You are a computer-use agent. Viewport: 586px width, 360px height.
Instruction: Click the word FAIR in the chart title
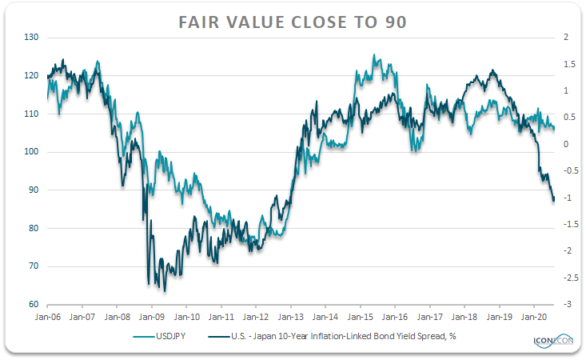pyautogui.click(x=198, y=22)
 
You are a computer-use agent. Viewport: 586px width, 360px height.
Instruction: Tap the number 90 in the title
pyautogui.click(x=396, y=22)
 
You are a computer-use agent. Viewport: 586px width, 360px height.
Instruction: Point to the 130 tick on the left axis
pyautogui.click(x=31, y=37)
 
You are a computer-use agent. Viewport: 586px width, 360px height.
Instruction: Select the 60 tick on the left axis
pyautogui.click(x=34, y=304)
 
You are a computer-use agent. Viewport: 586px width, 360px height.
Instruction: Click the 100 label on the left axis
pyautogui.click(x=31, y=151)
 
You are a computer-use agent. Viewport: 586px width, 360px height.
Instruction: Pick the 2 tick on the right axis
pyautogui.click(x=566, y=37)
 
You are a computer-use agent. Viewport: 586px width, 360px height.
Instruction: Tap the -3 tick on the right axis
pyautogui.click(x=568, y=304)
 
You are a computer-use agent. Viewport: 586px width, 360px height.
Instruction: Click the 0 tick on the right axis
pyautogui.click(x=566, y=144)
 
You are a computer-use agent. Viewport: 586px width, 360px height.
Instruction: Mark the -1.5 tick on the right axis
pyautogui.click(x=571, y=224)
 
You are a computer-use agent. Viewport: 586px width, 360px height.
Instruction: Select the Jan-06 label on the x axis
pyautogui.click(x=47, y=317)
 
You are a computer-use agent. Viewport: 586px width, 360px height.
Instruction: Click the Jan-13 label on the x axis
pyautogui.click(x=291, y=317)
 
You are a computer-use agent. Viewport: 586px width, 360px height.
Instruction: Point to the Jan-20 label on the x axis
pyautogui.click(x=534, y=317)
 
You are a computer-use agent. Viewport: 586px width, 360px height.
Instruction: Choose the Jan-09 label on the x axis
pyautogui.click(x=152, y=317)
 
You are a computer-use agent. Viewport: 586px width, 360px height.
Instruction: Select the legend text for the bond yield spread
pyautogui.click(x=344, y=336)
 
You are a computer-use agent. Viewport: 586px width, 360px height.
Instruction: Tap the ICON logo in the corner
pyautogui.click(x=553, y=340)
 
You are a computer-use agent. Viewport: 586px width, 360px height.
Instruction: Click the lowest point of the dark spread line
pyautogui.click(x=165, y=291)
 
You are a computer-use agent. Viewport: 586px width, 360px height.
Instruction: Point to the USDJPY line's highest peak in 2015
pyautogui.click(x=373, y=54)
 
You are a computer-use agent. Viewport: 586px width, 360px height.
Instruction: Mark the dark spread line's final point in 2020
pyautogui.click(x=554, y=200)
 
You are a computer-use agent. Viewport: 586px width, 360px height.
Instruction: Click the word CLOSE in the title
pyautogui.click(x=319, y=22)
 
